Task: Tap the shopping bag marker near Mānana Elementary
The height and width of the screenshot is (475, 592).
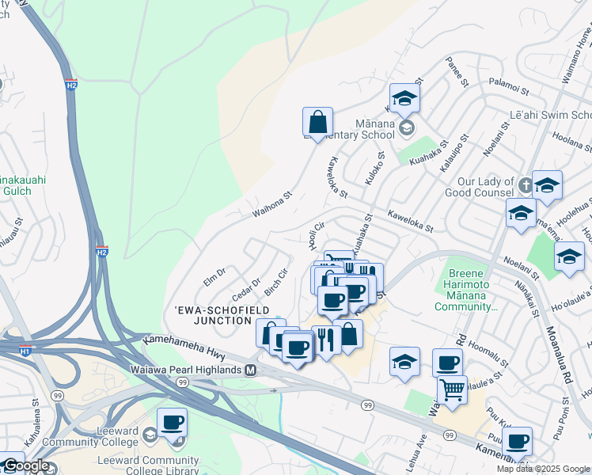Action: point(317,123)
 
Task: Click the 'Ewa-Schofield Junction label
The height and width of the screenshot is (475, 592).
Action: point(210,315)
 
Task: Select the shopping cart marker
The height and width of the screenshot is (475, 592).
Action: point(452,389)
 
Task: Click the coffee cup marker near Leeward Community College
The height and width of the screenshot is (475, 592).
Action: point(172,423)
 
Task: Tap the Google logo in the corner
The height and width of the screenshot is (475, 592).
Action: point(25,465)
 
